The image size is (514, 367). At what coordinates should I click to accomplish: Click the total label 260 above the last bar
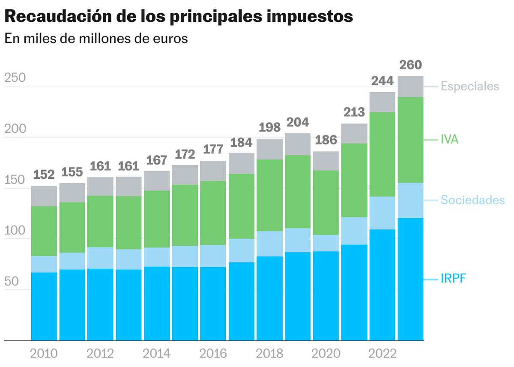pos(410,65)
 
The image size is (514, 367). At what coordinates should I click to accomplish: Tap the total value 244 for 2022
pos(382,81)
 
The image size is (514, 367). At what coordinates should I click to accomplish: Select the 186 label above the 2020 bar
pos(326,140)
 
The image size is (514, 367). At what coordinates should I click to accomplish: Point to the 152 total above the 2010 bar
pos(44,175)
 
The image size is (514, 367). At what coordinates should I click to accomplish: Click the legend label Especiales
pos(470,86)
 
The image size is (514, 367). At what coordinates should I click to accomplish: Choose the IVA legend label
pos(449,139)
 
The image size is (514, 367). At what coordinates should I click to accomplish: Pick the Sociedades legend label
pos(472,200)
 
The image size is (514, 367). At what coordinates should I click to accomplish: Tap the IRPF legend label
pos(453,280)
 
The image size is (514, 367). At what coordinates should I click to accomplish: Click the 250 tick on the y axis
pos(15,78)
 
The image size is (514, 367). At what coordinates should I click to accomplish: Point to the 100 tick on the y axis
pos(15,231)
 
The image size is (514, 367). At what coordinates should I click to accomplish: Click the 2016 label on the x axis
pos(213,354)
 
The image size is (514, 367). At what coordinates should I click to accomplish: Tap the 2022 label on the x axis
pos(382,354)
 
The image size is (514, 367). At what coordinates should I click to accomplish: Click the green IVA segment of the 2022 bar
pos(382,154)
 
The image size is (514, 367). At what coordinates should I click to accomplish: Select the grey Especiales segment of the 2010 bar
pos(44,196)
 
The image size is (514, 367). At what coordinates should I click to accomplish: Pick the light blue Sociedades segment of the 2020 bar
pos(326,243)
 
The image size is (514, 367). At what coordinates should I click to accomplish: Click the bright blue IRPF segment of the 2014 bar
pos(156,304)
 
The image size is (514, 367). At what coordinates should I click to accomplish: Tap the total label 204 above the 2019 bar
pos(298,122)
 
